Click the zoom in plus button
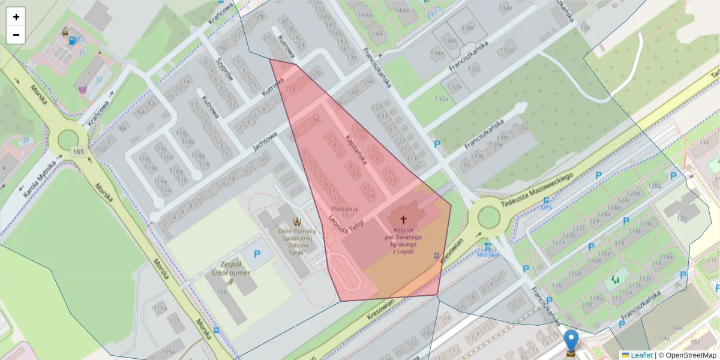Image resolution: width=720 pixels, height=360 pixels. [16, 17]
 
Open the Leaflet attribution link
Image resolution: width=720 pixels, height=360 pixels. [641, 355]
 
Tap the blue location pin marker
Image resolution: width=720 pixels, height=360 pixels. [571, 340]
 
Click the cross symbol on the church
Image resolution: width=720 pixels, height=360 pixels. [403, 220]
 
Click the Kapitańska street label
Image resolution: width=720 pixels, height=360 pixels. [356, 146]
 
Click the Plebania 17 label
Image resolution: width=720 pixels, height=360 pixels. [344, 212]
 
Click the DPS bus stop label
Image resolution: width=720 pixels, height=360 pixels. [546, 208]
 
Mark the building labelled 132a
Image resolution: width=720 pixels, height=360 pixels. [443, 98]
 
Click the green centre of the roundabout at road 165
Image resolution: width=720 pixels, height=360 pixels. [68, 139]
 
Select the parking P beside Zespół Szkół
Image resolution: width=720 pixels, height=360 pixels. [257, 254]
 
